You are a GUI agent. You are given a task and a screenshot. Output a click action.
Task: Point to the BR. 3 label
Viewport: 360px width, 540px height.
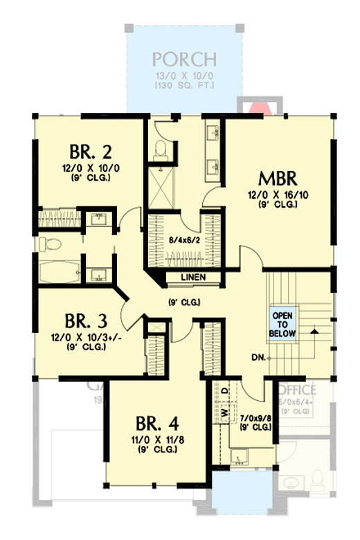point(87,322)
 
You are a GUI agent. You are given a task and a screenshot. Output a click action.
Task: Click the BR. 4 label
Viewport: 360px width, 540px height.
point(155,423)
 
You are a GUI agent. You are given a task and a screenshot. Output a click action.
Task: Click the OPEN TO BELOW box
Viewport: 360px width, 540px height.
point(282,323)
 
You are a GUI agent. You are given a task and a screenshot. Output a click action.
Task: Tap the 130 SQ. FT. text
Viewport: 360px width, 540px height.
point(185,86)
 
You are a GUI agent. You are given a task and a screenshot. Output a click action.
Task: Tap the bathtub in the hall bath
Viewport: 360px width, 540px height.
point(58,271)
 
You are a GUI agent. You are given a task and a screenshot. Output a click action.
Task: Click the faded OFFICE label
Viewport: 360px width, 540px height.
point(298,390)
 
